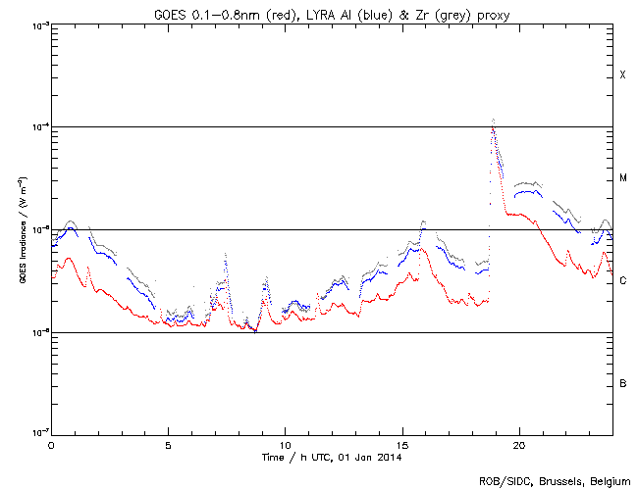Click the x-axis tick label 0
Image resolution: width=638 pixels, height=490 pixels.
pyautogui.click(x=51, y=444)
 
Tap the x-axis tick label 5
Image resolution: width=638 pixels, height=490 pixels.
pyautogui.click(x=168, y=444)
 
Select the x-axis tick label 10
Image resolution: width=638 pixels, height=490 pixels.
pyautogui.click(x=285, y=444)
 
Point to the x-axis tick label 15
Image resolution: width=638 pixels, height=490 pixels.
pyautogui.click(x=402, y=444)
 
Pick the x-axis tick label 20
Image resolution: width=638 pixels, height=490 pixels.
pyautogui.click(x=519, y=444)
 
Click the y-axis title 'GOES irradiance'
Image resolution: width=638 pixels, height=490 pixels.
pyautogui.click(x=23, y=230)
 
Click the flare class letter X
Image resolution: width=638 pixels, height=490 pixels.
pyautogui.click(x=622, y=75)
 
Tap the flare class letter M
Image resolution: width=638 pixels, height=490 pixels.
pyautogui.click(x=622, y=178)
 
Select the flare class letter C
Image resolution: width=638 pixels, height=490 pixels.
pyautogui.click(x=622, y=281)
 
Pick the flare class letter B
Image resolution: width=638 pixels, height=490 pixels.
pyautogui.click(x=622, y=383)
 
